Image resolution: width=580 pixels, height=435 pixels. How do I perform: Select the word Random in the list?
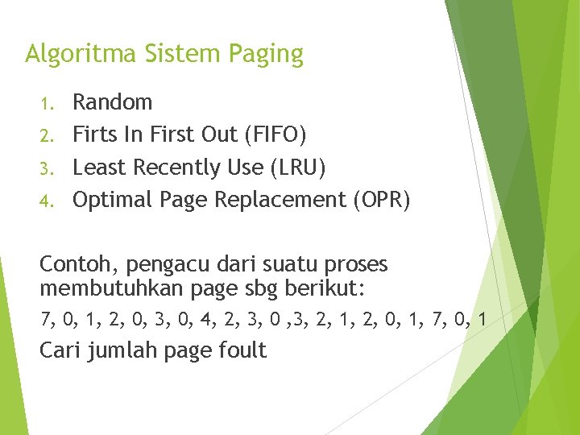pyautogui.click(x=112, y=102)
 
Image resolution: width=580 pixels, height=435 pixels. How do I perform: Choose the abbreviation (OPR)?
pyautogui.click(x=381, y=200)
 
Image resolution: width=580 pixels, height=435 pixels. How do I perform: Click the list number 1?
pyautogui.click(x=47, y=103)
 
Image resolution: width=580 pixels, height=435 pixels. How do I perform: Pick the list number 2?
pyautogui.click(x=47, y=135)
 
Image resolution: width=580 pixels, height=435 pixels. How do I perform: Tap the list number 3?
pyautogui.click(x=47, y=168)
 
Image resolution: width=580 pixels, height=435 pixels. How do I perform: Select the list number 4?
pyautogui.click(x=47, y=201)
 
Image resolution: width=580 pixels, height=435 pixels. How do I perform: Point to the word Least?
pyautogui.click(x=99, y=168)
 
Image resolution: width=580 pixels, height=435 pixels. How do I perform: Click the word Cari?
pyautogui.click(x=60, y=350)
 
